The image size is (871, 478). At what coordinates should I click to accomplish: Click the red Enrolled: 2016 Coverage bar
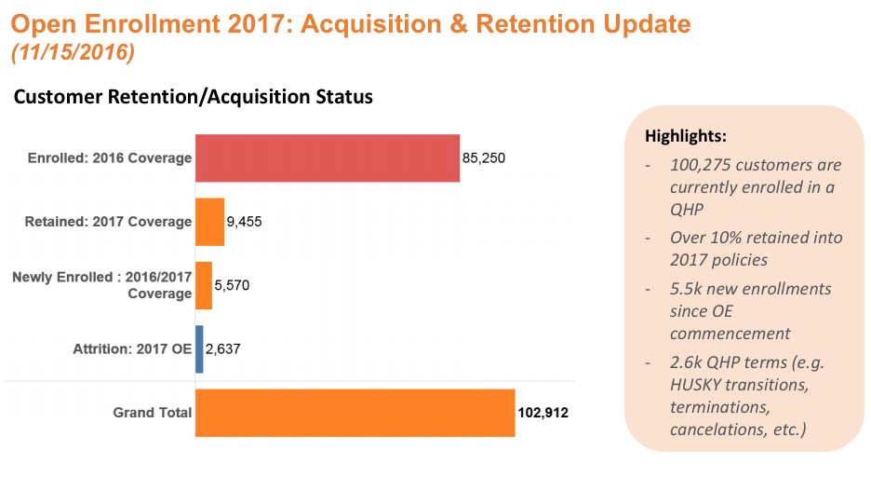point(327,157)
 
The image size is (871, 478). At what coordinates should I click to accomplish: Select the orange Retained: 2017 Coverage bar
point(209,222)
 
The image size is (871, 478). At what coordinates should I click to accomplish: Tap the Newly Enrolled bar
point(203,285)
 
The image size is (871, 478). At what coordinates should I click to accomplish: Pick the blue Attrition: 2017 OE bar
point(199,349)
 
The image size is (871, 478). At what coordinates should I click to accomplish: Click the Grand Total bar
point(355,413)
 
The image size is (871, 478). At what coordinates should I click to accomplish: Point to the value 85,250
point(484,158)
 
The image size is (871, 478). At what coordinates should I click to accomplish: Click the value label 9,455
point(246,222)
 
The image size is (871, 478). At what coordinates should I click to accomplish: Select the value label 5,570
point(233,285)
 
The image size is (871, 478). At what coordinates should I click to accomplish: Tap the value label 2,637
point(224,350)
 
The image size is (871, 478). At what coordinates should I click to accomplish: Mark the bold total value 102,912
point(543,413)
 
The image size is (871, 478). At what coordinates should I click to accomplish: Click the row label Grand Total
point(153,413)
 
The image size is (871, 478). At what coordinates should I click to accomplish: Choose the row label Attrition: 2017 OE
point(132,350)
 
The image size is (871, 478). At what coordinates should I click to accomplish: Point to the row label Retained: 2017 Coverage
point(108,222)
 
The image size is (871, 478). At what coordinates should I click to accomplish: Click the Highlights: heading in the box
point(686,136)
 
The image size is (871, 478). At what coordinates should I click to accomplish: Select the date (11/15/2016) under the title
point(73,53)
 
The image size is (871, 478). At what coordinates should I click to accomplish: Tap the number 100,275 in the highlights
point(703,165)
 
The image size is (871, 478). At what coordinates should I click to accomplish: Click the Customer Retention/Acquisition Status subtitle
point(193,97)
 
